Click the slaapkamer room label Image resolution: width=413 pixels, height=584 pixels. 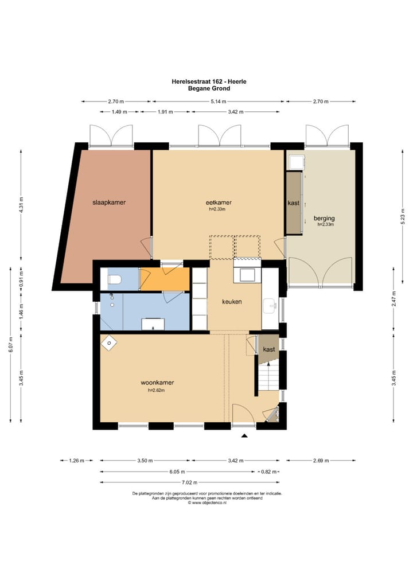click(109, 203)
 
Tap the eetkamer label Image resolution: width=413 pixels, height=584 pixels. click(219, 203)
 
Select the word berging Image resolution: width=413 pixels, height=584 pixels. click(324, 218)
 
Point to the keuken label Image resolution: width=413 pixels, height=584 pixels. click(232, 302)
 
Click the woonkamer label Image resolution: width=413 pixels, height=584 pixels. click(157, 383)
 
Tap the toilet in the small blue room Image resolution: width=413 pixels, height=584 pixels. click(114, 279)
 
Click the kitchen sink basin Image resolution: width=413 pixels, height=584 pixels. click(270, 306)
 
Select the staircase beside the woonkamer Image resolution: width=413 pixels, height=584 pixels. click(268, 376)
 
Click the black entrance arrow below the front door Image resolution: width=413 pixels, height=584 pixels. click(244, 435)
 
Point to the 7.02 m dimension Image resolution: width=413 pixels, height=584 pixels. click(189, 482)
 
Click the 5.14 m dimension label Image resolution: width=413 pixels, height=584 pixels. click(218, 102)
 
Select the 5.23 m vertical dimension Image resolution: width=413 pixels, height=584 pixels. click(403, 218)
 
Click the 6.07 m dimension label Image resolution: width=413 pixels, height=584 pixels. click(11, 344)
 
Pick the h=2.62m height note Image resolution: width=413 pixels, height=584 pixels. click(157, 390)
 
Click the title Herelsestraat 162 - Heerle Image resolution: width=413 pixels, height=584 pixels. click(209, 81)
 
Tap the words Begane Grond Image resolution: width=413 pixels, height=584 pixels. click(209, 88)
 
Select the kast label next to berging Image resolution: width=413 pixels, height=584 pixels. click(294, 203)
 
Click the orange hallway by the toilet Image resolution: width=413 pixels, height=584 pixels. click(165, 279)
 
